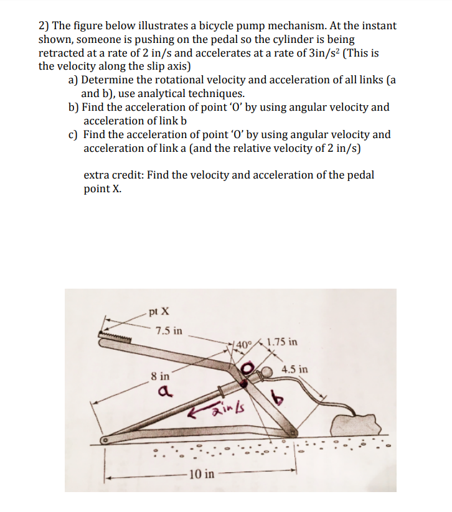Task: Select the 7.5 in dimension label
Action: point(169,330)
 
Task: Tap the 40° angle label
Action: point(243,342)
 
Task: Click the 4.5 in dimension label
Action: point(294,369)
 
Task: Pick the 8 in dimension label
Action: point(160,376)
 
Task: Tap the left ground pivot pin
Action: point(107,440)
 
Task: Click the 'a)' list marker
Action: point(73,80)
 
